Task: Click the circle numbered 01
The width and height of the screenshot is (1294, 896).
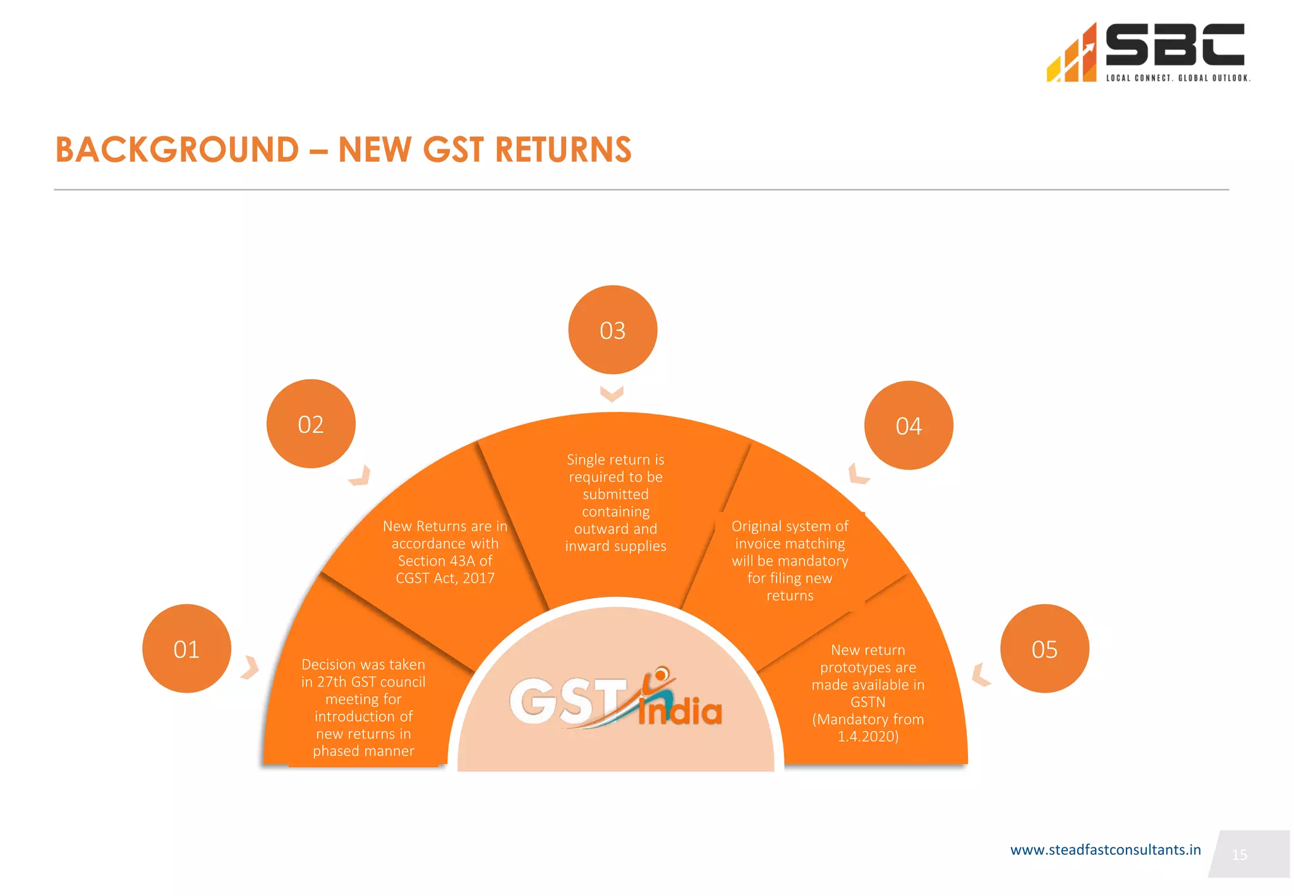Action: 186,649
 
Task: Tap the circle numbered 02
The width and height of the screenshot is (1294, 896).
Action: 311,424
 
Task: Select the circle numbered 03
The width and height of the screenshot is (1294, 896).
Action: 612,330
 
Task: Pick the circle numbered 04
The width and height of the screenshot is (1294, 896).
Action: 909,426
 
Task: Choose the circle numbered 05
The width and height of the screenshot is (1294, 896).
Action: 1044,649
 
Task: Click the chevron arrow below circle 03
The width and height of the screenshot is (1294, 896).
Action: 612,394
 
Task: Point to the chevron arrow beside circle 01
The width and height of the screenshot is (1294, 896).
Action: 251,667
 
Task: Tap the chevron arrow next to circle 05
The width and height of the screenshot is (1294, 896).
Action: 980,675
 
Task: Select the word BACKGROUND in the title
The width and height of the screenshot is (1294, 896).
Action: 178,150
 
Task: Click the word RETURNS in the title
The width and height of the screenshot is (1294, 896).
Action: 563,150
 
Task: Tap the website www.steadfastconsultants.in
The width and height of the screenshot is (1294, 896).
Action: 1105,850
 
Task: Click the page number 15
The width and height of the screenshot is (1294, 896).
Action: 1239,855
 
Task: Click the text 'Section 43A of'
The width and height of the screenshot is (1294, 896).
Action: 445,561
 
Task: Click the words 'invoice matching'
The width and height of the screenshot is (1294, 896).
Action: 790,543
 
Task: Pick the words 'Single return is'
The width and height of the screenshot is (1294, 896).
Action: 615,459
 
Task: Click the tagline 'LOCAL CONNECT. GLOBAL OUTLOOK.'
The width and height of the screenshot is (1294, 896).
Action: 1178,78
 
